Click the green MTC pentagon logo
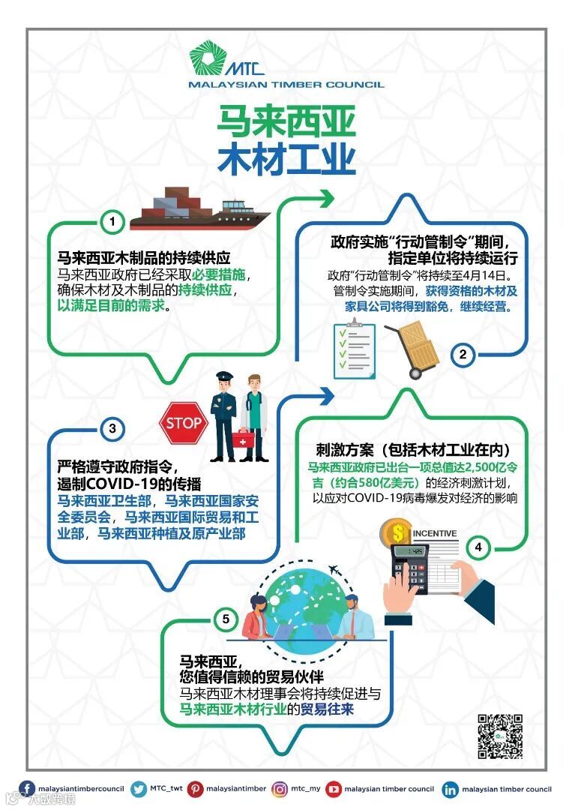[x=206, y=59]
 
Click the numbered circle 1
[x=112, y=222]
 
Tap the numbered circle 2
[x=463, y=355]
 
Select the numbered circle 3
[x=112, y=429]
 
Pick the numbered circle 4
[x=478, y=547]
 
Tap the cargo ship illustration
[x=199, y=209]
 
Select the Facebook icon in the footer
[x=27, y=789]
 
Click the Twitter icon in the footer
[x=138, y=789]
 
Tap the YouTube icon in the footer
[x=333, y=789]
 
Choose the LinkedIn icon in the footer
[x=450, y=789]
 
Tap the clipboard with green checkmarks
[x=355, y=350]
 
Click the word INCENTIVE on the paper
[x=435, y=534]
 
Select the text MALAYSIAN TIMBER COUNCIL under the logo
[x=286, y=85]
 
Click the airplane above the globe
[x=335, y=574]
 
